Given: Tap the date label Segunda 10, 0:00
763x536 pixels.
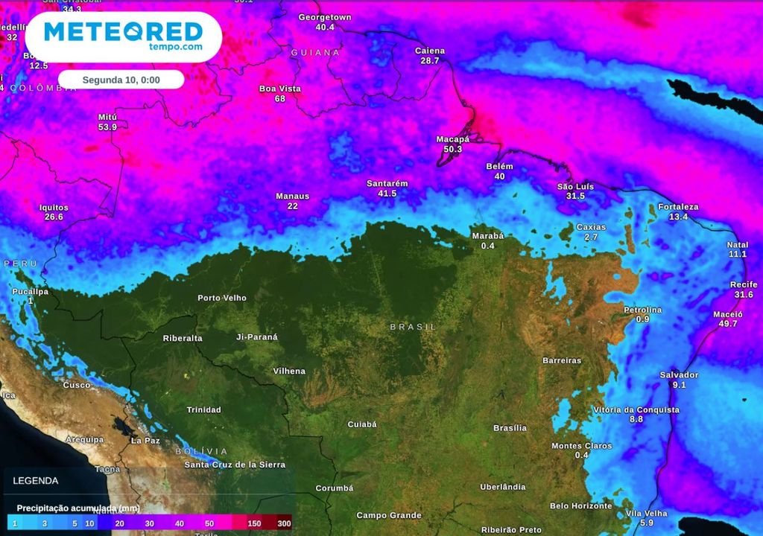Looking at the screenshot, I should click(121, 80).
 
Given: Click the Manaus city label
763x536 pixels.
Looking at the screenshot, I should click(292, 197).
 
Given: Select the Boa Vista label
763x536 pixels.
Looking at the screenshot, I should click(280, 89).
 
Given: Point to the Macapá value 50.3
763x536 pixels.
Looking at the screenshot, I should click(453, 150).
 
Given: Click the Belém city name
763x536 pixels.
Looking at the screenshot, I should click(499, 167).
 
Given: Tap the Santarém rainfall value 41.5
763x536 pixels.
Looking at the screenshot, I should click(387, 194).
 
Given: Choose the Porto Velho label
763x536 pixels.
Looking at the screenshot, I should click(222, 299).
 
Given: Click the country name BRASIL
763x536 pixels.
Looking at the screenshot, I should click(413, 327).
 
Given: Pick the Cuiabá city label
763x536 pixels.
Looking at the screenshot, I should click(362, 424).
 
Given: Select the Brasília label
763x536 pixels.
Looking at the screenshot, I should click(510, 428).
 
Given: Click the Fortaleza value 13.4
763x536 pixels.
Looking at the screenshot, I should click(678, 217).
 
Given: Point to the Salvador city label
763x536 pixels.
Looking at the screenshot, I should click(679, 375).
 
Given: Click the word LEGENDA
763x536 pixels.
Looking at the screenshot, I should click(35, 481).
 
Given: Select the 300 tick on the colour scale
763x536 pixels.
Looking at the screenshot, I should click(284, 524).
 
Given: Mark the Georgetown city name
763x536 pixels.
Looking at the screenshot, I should click(325, 17).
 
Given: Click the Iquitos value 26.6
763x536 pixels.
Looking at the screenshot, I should click(54, 217).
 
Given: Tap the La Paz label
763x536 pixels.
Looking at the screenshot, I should click(145, 441).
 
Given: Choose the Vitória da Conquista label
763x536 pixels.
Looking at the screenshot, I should click(636, 410).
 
